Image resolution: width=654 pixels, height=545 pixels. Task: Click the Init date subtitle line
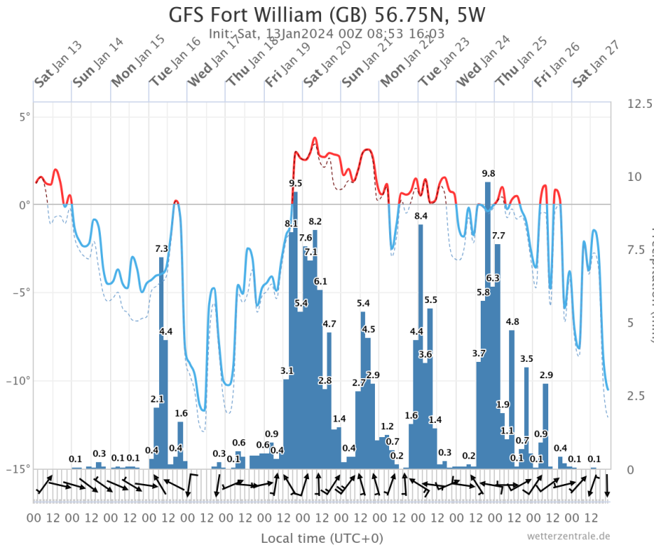click(327, 33)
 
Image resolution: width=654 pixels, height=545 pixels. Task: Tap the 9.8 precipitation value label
click(489, 174)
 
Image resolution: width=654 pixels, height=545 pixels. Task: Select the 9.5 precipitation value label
click(295, 183)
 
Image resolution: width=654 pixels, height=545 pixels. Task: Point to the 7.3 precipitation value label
click(161, 248)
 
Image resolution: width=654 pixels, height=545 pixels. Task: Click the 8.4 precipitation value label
click(421, 216)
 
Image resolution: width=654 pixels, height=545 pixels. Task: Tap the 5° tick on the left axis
click(24, 116)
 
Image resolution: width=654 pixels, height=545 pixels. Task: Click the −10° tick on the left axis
click(18, 381)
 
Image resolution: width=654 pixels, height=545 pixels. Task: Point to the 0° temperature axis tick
click(24, 205)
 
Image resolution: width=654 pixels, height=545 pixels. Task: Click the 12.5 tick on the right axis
click(639, 104)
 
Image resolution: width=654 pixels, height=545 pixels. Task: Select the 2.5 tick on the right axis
click(636, 395)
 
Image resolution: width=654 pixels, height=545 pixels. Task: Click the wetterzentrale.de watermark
click(568, 536)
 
